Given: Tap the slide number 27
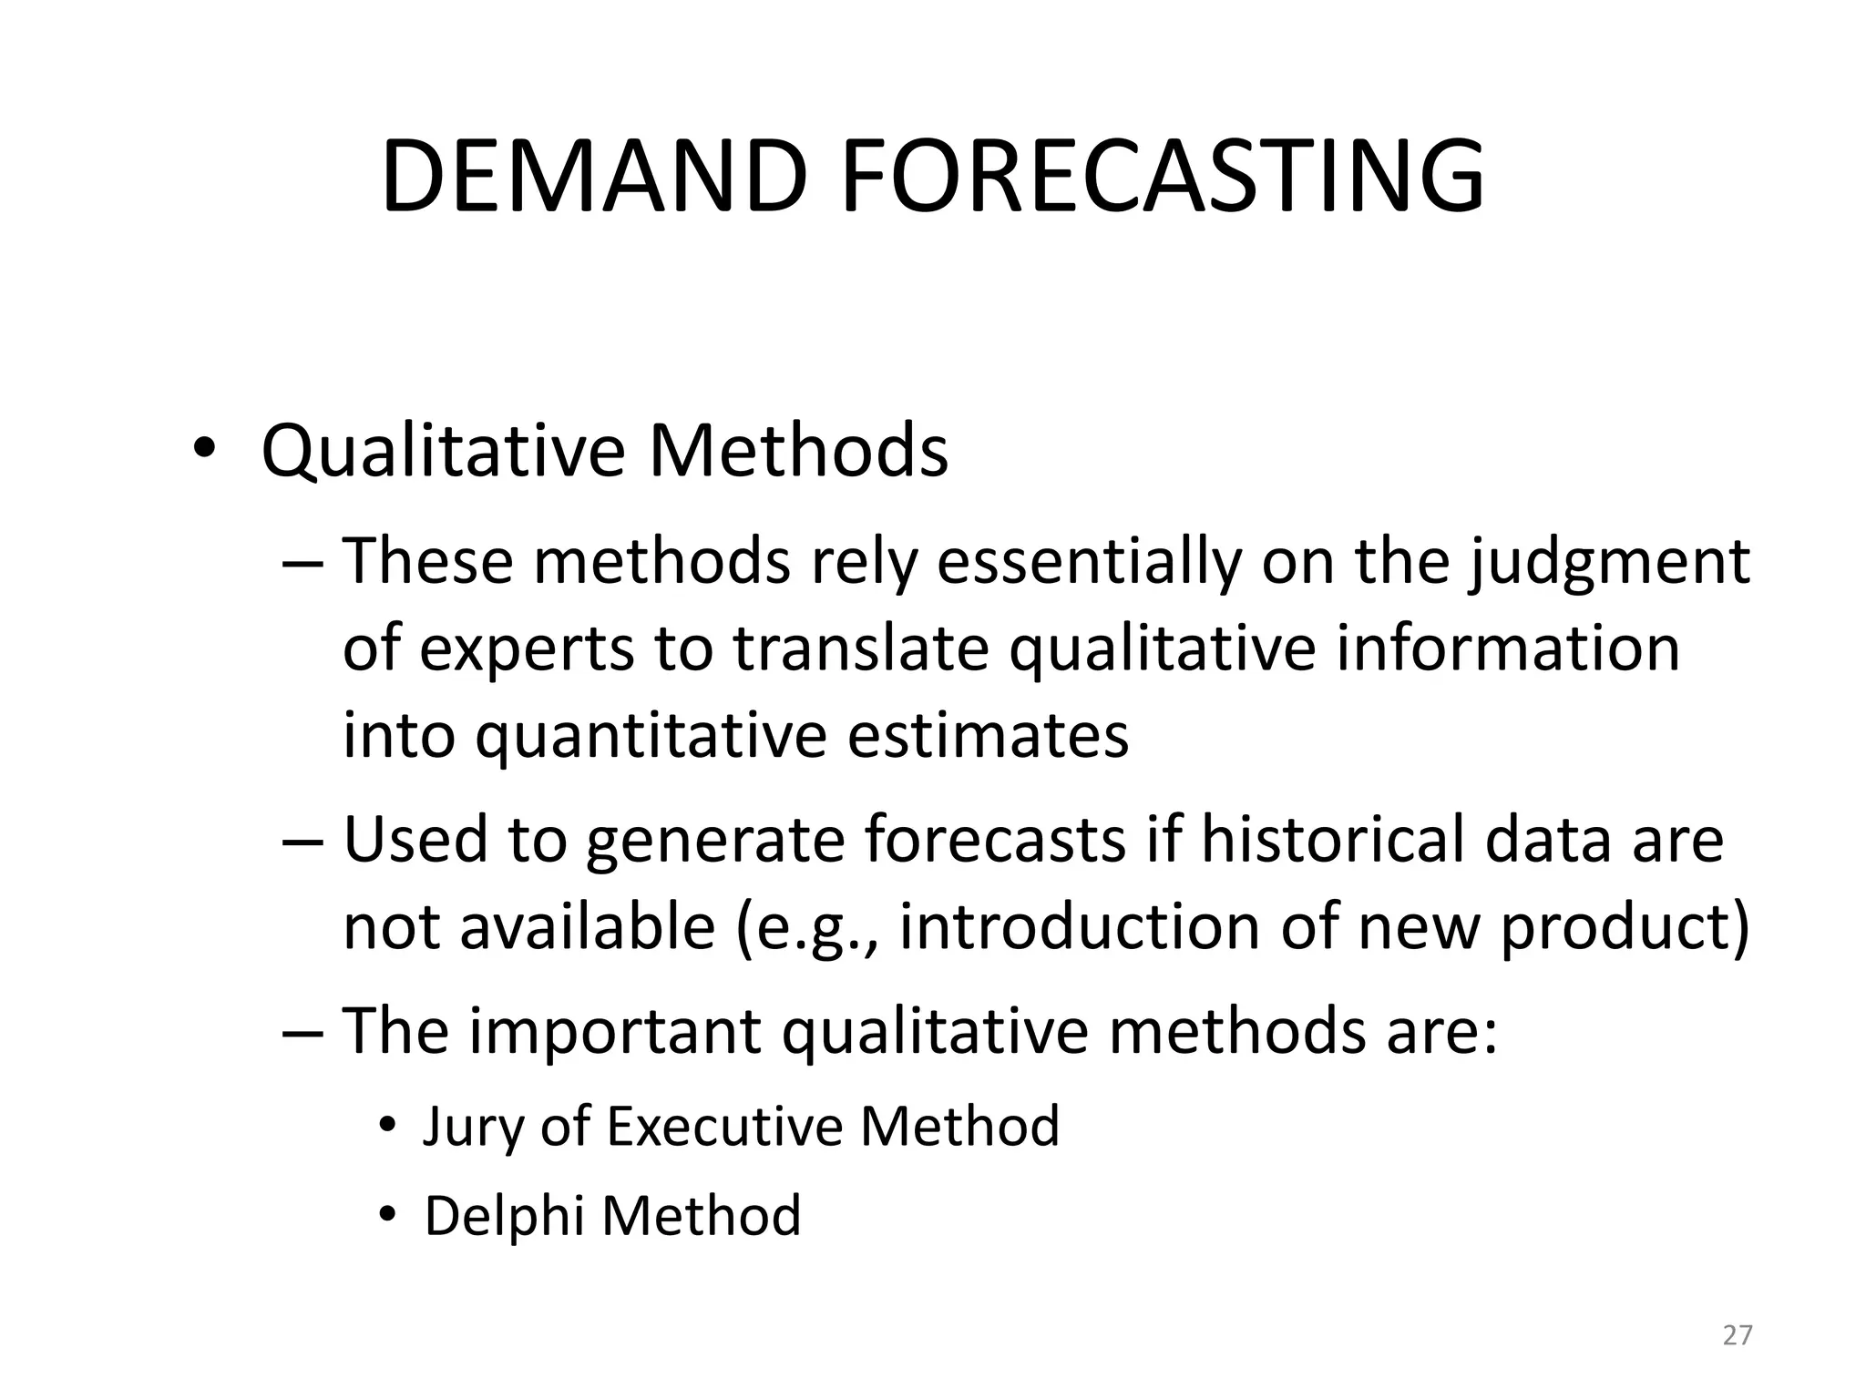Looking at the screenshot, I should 1738,1335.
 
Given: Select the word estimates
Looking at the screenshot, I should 988,736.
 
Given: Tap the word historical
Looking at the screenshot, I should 1332,839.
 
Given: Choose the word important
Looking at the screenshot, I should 615,1031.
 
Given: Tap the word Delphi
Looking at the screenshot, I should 504,1216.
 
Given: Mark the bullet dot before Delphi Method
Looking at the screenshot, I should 389,1216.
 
